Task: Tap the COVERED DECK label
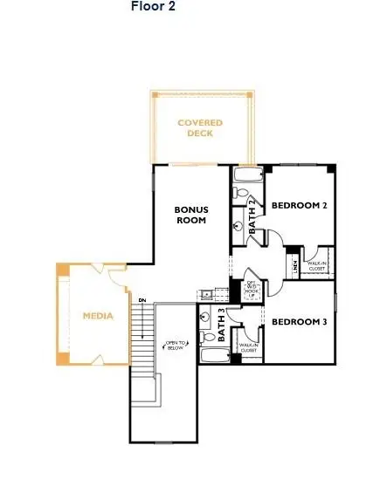point(201,127)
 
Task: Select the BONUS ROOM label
point(190,215)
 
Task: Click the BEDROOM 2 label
point(299,206)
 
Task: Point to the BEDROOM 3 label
point(299,322)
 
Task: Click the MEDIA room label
point(98,316)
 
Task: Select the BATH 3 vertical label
point(223,329)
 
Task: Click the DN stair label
point(142,301)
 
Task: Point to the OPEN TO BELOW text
point(176,347)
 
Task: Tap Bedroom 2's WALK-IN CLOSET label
point(317,266)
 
